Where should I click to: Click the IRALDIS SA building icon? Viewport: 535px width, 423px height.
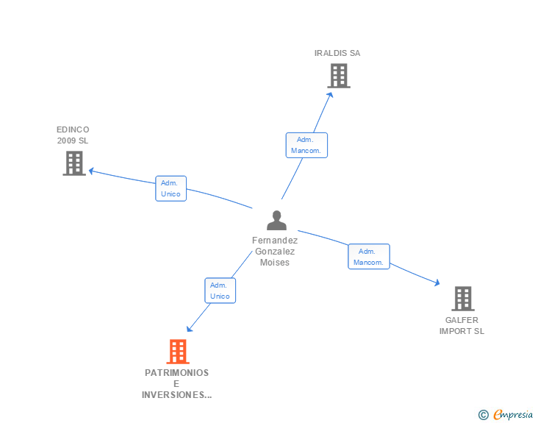[x=339, y=76]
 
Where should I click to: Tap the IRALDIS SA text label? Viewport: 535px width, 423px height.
[x=337, y=53]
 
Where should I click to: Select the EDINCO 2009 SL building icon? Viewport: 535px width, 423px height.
[x=74, y=163]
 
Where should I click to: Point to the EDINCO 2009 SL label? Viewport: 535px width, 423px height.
[x=73, y=135]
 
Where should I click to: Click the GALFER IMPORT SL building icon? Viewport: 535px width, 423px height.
[x=463, y=299]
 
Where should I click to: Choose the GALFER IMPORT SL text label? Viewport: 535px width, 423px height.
[x=462, y=326]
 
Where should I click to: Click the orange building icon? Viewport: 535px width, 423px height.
[x=178, y=352]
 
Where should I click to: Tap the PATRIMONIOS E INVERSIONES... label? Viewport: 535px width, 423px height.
[x=176, y=384]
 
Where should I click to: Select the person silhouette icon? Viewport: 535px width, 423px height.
[x=277, y=221]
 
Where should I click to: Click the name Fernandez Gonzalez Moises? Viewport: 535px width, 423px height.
[x=275, y=252]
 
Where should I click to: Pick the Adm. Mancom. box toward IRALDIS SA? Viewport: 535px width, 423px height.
[x=306, y=145]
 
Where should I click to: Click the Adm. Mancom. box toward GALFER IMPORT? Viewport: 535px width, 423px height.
[x=369, y=257]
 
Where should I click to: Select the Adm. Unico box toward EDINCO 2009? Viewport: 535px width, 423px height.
[x=171, y=188]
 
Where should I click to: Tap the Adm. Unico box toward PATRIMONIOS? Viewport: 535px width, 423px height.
[x=220, y=291]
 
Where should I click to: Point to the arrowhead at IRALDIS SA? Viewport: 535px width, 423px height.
[x=330, y=95]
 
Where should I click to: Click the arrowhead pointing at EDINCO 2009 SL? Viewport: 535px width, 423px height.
[x=91, y=171]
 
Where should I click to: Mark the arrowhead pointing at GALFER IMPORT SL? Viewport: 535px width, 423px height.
[x=437, y=282]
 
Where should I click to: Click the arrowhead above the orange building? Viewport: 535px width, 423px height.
[x=190, y=329]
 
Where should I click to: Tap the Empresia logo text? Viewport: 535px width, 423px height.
[x=512, y=414]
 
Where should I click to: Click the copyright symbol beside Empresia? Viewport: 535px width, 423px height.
[x=483, y=415]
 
